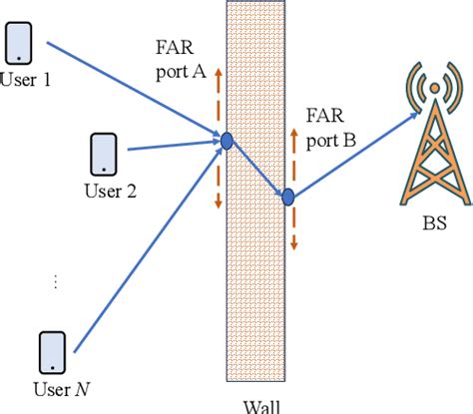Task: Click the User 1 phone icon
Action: pos(21,43)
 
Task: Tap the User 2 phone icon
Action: pos(104,153)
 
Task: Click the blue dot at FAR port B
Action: pos(287,197)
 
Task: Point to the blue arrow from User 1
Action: pos(130,89)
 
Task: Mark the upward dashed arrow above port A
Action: pos(218,100)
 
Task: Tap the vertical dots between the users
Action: pos(56,282)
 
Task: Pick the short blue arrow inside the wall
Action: pos(257,170)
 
